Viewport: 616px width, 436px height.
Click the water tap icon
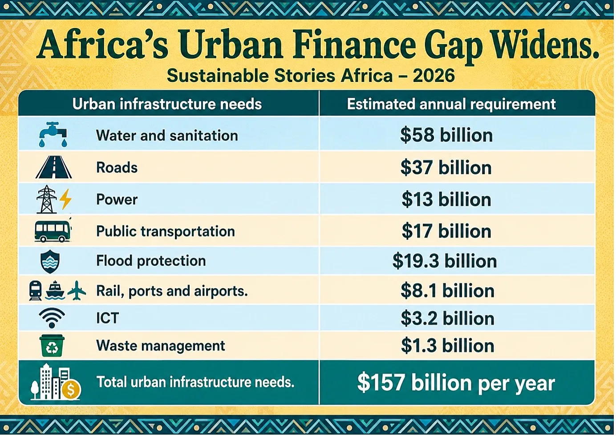point(53,134)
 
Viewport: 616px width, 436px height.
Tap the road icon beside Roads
point(53,167)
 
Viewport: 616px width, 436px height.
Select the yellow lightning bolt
point(66,199)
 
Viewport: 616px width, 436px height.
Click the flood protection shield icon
point(50,262)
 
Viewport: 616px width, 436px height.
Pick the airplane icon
point(77,291)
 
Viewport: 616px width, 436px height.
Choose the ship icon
point(55,291)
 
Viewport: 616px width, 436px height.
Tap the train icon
point(36,291)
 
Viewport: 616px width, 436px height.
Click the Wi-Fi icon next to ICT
point(52,318)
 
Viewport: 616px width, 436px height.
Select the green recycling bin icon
point(52,346)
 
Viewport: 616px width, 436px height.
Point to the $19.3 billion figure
point(445,261)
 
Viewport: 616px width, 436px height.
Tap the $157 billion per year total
point(456,383)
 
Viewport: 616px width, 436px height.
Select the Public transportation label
point(166,231)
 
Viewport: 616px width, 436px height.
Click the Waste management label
point(161,346)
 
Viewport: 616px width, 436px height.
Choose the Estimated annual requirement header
point(451,104)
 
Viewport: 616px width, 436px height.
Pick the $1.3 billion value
point(447,345)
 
